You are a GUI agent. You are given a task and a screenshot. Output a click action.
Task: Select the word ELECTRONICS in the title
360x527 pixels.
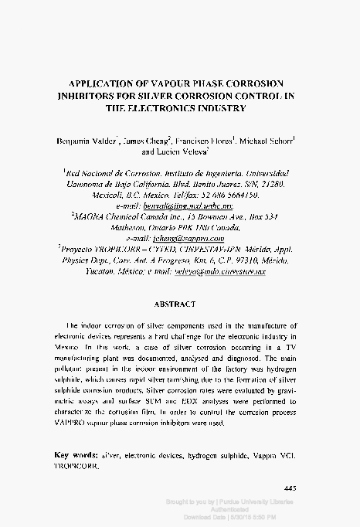pyautogui.click(x=163, y=109)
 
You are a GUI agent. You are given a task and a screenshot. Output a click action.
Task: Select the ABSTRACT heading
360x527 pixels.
pyautogui.click(x=179, y=304)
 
